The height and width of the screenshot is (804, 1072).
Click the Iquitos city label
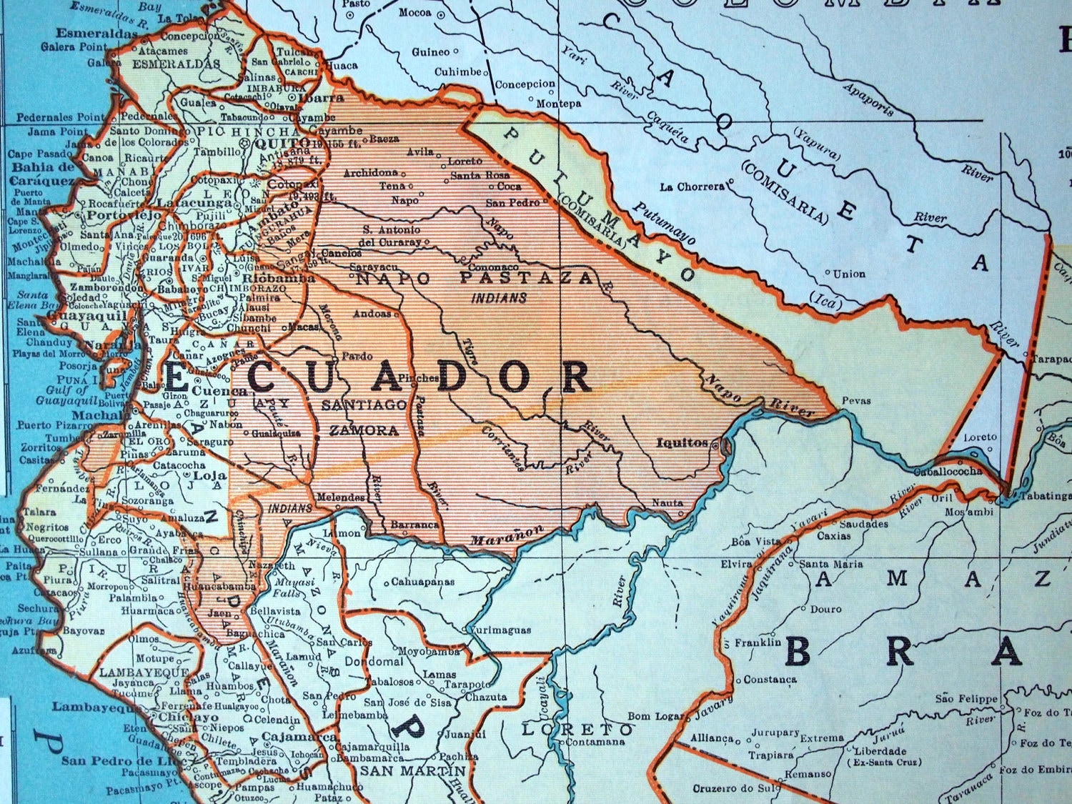(681, 442)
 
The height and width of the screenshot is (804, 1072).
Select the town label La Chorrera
(692, 187)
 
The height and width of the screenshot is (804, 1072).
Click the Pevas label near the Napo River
(856, 401)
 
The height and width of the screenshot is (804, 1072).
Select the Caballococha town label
(948, 472)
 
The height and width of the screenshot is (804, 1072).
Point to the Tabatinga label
(1046, 495)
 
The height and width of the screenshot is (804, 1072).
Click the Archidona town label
(370, 173)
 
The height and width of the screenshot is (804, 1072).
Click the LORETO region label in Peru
(577, 730)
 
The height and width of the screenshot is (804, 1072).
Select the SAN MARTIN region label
(412, 771)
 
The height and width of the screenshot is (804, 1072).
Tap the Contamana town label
(595, 742)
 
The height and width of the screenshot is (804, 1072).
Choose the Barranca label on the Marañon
(415, 525)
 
